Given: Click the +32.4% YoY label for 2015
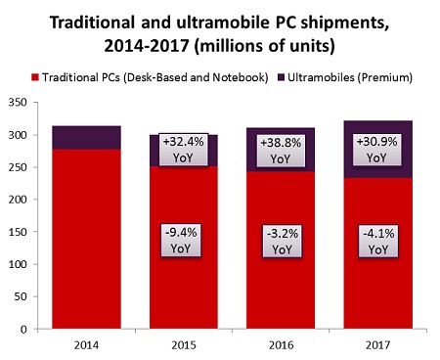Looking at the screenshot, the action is point(184,150).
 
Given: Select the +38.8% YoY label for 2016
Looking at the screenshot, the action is point(281,151).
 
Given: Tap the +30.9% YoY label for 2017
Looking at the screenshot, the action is point(377,150).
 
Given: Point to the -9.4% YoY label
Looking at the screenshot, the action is point(181,241).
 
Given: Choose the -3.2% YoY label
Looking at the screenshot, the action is point(283,242).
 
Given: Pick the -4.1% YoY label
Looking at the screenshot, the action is point(378,242).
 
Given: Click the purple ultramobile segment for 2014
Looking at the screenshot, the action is point(86,138).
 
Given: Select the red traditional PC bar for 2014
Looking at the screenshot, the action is point(86,239).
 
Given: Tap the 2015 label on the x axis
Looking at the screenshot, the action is point(184,345).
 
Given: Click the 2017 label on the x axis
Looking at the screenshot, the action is point(378,345).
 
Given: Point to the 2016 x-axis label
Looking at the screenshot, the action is point(281,345).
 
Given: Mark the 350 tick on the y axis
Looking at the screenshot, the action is point(18,103).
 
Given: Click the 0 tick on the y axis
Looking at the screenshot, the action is point(23,329).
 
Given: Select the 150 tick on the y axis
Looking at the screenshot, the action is point(18,232).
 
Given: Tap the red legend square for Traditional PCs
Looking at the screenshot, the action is point(35,77).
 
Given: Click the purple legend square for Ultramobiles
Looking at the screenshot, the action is point(282,77).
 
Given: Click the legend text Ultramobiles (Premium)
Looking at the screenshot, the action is point(350,77).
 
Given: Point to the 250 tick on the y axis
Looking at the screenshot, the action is point(18,167).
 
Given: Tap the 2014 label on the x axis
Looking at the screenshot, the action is point(86,345).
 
